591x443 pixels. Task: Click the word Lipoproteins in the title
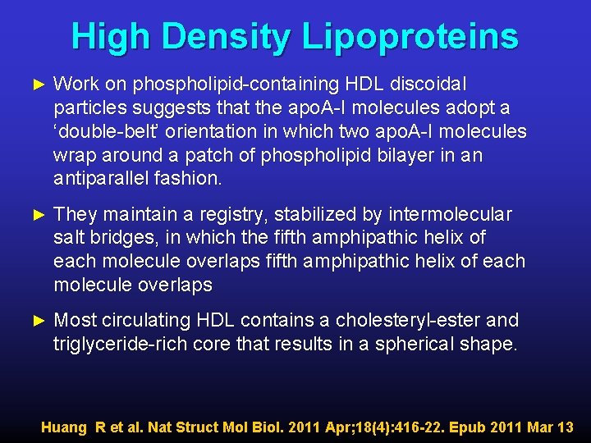tap(410, 37)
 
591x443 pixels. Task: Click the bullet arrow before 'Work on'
tap(34, 84)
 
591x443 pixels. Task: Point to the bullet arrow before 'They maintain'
tap(34, 215)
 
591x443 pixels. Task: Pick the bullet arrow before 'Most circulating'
tap(34, 320)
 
